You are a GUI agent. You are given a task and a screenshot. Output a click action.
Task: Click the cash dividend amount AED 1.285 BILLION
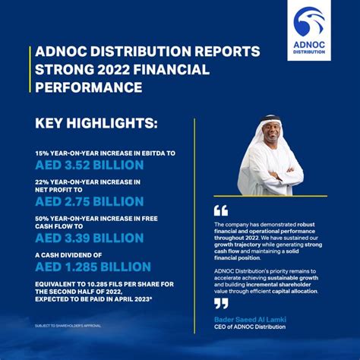tap(93, 267)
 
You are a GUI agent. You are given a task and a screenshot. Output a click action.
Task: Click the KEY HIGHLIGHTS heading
tap(96, 122)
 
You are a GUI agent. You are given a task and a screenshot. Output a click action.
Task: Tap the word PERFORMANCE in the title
tap(89, 87)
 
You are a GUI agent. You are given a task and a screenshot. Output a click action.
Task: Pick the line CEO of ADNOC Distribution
tap(251, 327)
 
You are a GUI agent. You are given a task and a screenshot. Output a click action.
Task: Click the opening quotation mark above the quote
tap(220, 210)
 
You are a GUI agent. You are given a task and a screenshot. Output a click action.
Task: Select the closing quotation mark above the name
tap(220, 303)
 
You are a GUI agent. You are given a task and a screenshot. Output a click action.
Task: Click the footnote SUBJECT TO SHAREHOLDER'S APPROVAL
tap(68, 326)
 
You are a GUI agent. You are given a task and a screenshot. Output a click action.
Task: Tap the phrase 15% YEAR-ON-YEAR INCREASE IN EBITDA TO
tap(105, 153)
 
